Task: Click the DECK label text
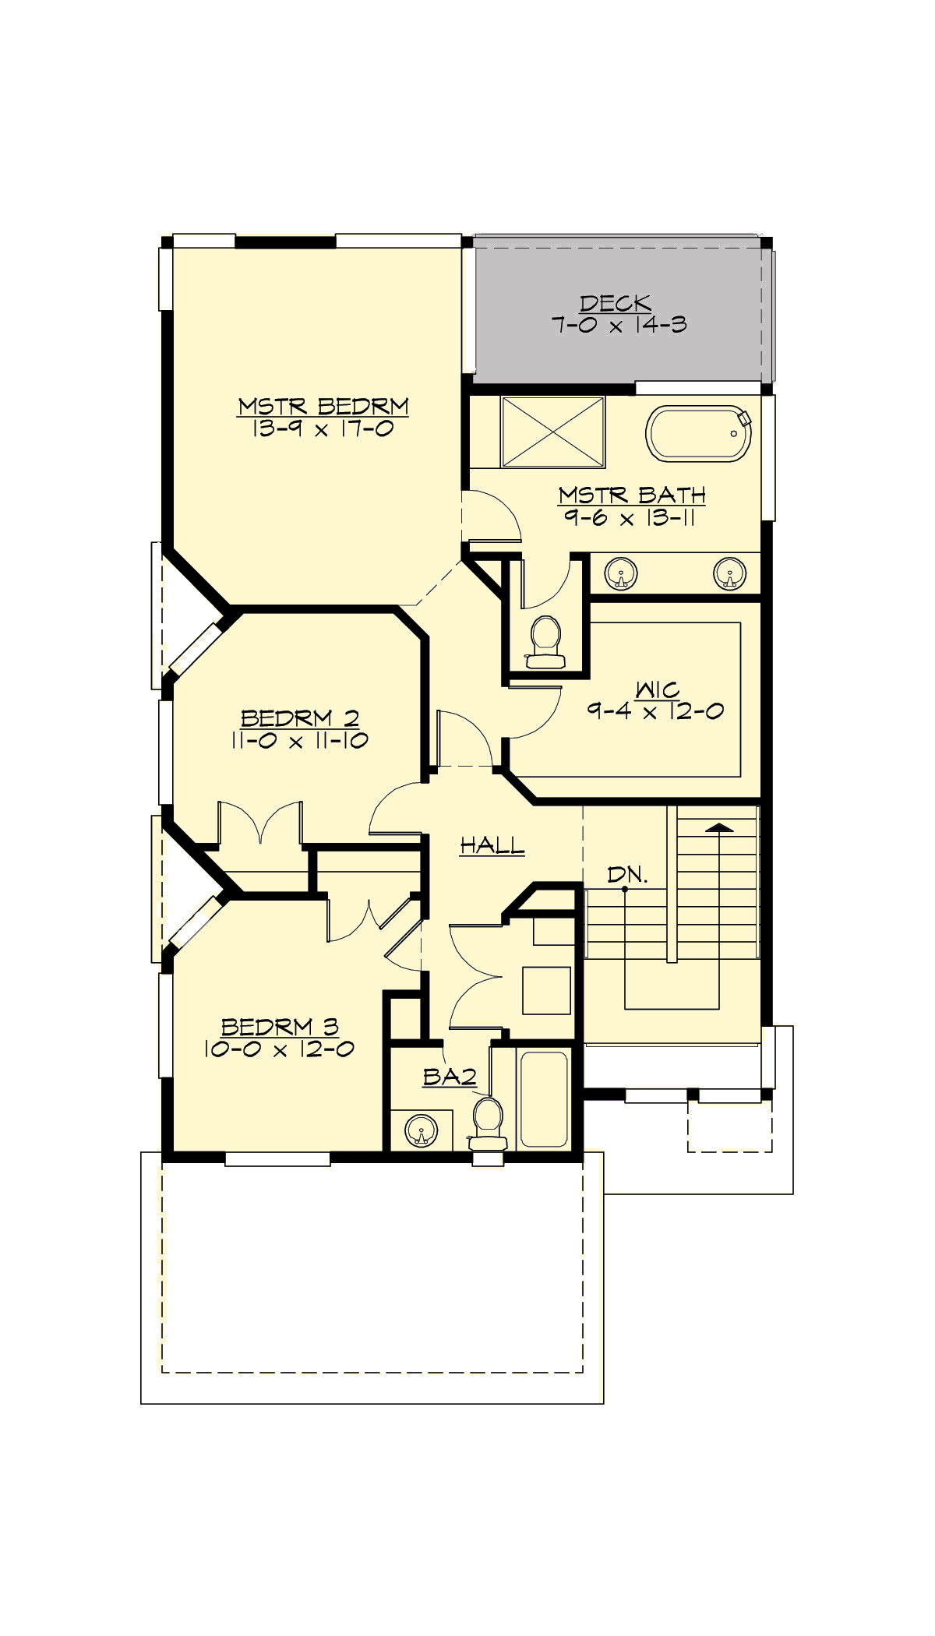coord(615,303)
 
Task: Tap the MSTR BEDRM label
coord(323,406)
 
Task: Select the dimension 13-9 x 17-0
coord(323,428)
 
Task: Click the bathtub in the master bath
coord(697,434)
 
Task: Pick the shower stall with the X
coord(553,432)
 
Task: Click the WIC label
coord(657,689)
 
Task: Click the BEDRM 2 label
coord(300,718)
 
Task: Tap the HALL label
coord(492,845)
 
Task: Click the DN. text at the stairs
coord(627,875)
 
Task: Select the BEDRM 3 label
coord(280,1027)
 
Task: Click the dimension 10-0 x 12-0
coord(279,1049)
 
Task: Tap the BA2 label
coord(450,1077)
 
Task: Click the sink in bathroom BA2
coord(422,1130)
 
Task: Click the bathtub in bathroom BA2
coord(544,1099)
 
